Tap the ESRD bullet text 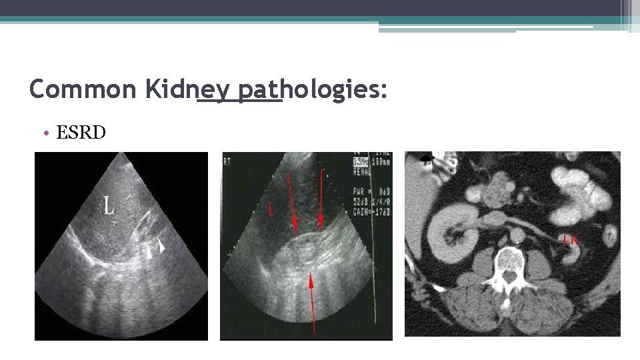[x=81, y=133]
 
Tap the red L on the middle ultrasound [x=271, y=210]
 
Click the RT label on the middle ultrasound [x=227, y=160]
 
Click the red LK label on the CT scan [x=571, y=239]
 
